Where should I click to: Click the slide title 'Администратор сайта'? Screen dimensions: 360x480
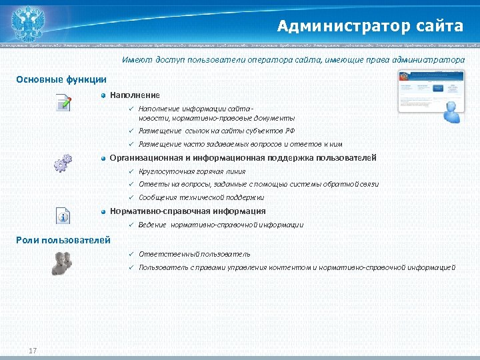click(x=370, y=26)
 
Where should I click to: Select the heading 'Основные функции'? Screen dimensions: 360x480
click(x=61, y=79)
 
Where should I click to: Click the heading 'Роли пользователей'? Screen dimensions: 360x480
click(x=63, y=239)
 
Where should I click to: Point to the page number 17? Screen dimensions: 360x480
click(x=33, y=351)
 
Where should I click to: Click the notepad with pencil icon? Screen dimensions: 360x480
click(x=63, y=104)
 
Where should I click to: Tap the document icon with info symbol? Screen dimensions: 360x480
click(x=63, y=215)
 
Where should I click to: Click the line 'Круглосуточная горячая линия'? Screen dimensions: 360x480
click(x=192, y=171)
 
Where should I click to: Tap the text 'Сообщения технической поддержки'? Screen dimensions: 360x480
click(x=201, y=197)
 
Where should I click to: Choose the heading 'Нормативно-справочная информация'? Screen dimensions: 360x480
click(x=187, y=211)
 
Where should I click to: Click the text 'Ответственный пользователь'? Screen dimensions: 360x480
click(x=195, y=254)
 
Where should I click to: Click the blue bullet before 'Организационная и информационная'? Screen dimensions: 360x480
click(x=103, y=159)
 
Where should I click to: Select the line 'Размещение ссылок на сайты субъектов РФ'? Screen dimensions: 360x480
click(x=217, y=131)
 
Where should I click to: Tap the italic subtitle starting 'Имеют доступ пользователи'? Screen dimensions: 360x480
click(x=293, y=60)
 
